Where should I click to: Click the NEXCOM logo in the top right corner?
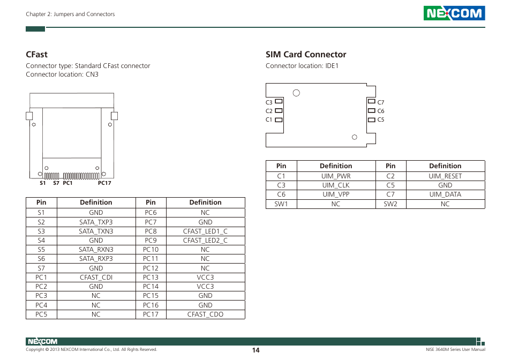point(454,13)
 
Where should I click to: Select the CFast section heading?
point(36,54)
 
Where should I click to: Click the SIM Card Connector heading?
point(306,54)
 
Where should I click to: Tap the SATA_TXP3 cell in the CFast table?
point(96,222)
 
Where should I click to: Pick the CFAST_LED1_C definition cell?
point(205,231)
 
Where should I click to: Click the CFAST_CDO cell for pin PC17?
point(205,314)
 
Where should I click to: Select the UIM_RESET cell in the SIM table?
point(445,176)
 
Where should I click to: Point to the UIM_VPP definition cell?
point(336,194)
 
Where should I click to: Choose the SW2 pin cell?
point(390,204)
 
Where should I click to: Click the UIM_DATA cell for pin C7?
point(445,194)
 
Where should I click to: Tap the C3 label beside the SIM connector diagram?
point(269,102)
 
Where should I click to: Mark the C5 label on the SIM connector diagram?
point(381,119)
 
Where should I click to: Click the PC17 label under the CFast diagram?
point(104,183)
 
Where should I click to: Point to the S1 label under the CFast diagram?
point(43,183)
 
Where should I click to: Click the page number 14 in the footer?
point(256,350)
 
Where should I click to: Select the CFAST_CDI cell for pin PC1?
point(96,277)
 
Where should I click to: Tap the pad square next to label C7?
point(371,101)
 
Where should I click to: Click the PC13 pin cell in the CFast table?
point(151,277)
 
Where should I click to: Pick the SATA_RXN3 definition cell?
point(96,250)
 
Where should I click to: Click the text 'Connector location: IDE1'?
point(302,66)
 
